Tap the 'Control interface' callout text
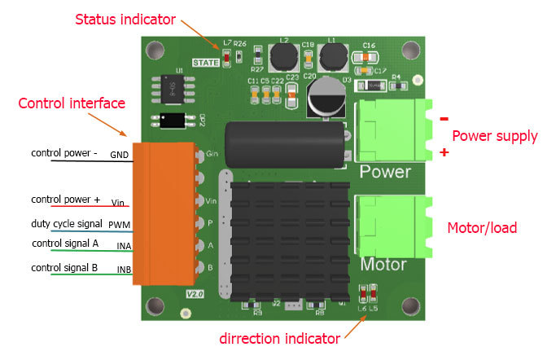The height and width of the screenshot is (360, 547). click(72, 103)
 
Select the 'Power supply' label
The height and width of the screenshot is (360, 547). click(494, 136)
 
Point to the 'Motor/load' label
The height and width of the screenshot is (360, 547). click(482, 228)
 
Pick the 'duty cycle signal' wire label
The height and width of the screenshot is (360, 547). click(66, 222)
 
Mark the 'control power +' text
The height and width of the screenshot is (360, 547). click(65, 200)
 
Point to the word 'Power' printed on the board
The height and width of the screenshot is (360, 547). click(385, 173)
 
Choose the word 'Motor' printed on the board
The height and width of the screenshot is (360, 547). click(383, 265)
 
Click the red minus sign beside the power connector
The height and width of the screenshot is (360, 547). click(444, 119)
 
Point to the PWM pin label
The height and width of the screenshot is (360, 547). click(120, 223)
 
